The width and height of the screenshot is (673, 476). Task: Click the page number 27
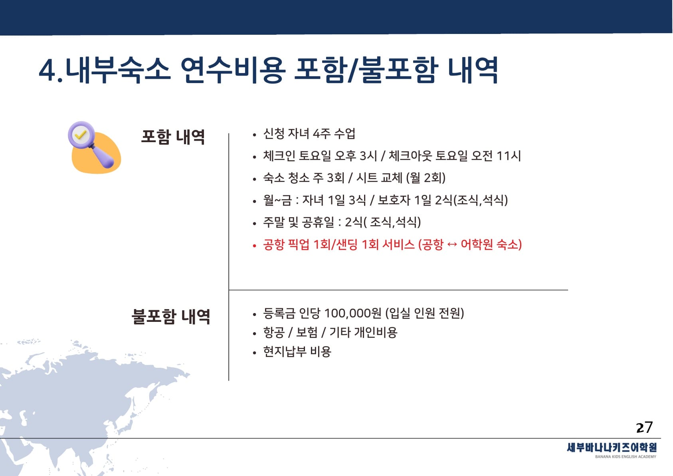click(x=644, y=427)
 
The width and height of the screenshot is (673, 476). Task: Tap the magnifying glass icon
click(x=91, y=144)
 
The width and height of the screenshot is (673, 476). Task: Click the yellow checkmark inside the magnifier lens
click(x=81, y=135)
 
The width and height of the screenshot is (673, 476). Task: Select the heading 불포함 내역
click(x=171, y=316)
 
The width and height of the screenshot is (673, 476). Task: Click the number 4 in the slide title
click(x=48, y=71)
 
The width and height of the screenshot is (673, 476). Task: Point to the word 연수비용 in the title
click(x=233, y=70)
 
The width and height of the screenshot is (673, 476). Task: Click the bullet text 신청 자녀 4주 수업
click(x=309, y=133)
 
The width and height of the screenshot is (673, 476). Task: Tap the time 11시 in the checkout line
click(x=509, y=156)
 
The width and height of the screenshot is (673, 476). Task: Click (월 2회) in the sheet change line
click(x=426, y=178)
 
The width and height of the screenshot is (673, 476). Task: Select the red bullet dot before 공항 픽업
click(x=255, y=246)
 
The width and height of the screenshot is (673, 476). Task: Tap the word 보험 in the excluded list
click(x=307, y=332)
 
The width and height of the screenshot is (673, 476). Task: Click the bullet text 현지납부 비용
click(x=297, y=351)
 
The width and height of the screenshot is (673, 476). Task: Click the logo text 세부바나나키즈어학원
click(x=612, y=448)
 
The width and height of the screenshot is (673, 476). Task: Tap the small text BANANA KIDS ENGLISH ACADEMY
click(x=625, y=457)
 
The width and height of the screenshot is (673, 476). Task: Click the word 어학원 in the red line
click(x=477, y=245)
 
